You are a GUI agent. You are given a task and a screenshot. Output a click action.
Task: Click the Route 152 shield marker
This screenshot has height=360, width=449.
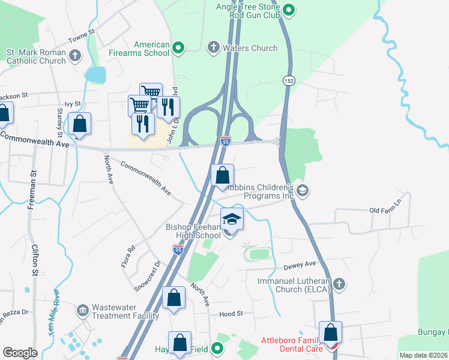point(289,80)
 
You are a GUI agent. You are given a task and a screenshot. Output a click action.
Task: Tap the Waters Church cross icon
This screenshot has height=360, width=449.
point(213,47)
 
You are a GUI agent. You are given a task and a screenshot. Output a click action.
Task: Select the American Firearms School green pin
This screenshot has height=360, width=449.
point(178,47)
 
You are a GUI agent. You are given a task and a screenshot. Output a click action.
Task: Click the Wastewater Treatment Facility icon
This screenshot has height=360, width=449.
point(82,311)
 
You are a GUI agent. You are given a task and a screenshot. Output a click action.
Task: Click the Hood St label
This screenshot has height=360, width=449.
point(231,314)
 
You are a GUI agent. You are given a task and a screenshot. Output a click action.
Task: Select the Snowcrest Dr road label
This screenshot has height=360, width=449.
point(148,275)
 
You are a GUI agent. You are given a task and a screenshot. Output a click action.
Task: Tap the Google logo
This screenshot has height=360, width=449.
point(20,353)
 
